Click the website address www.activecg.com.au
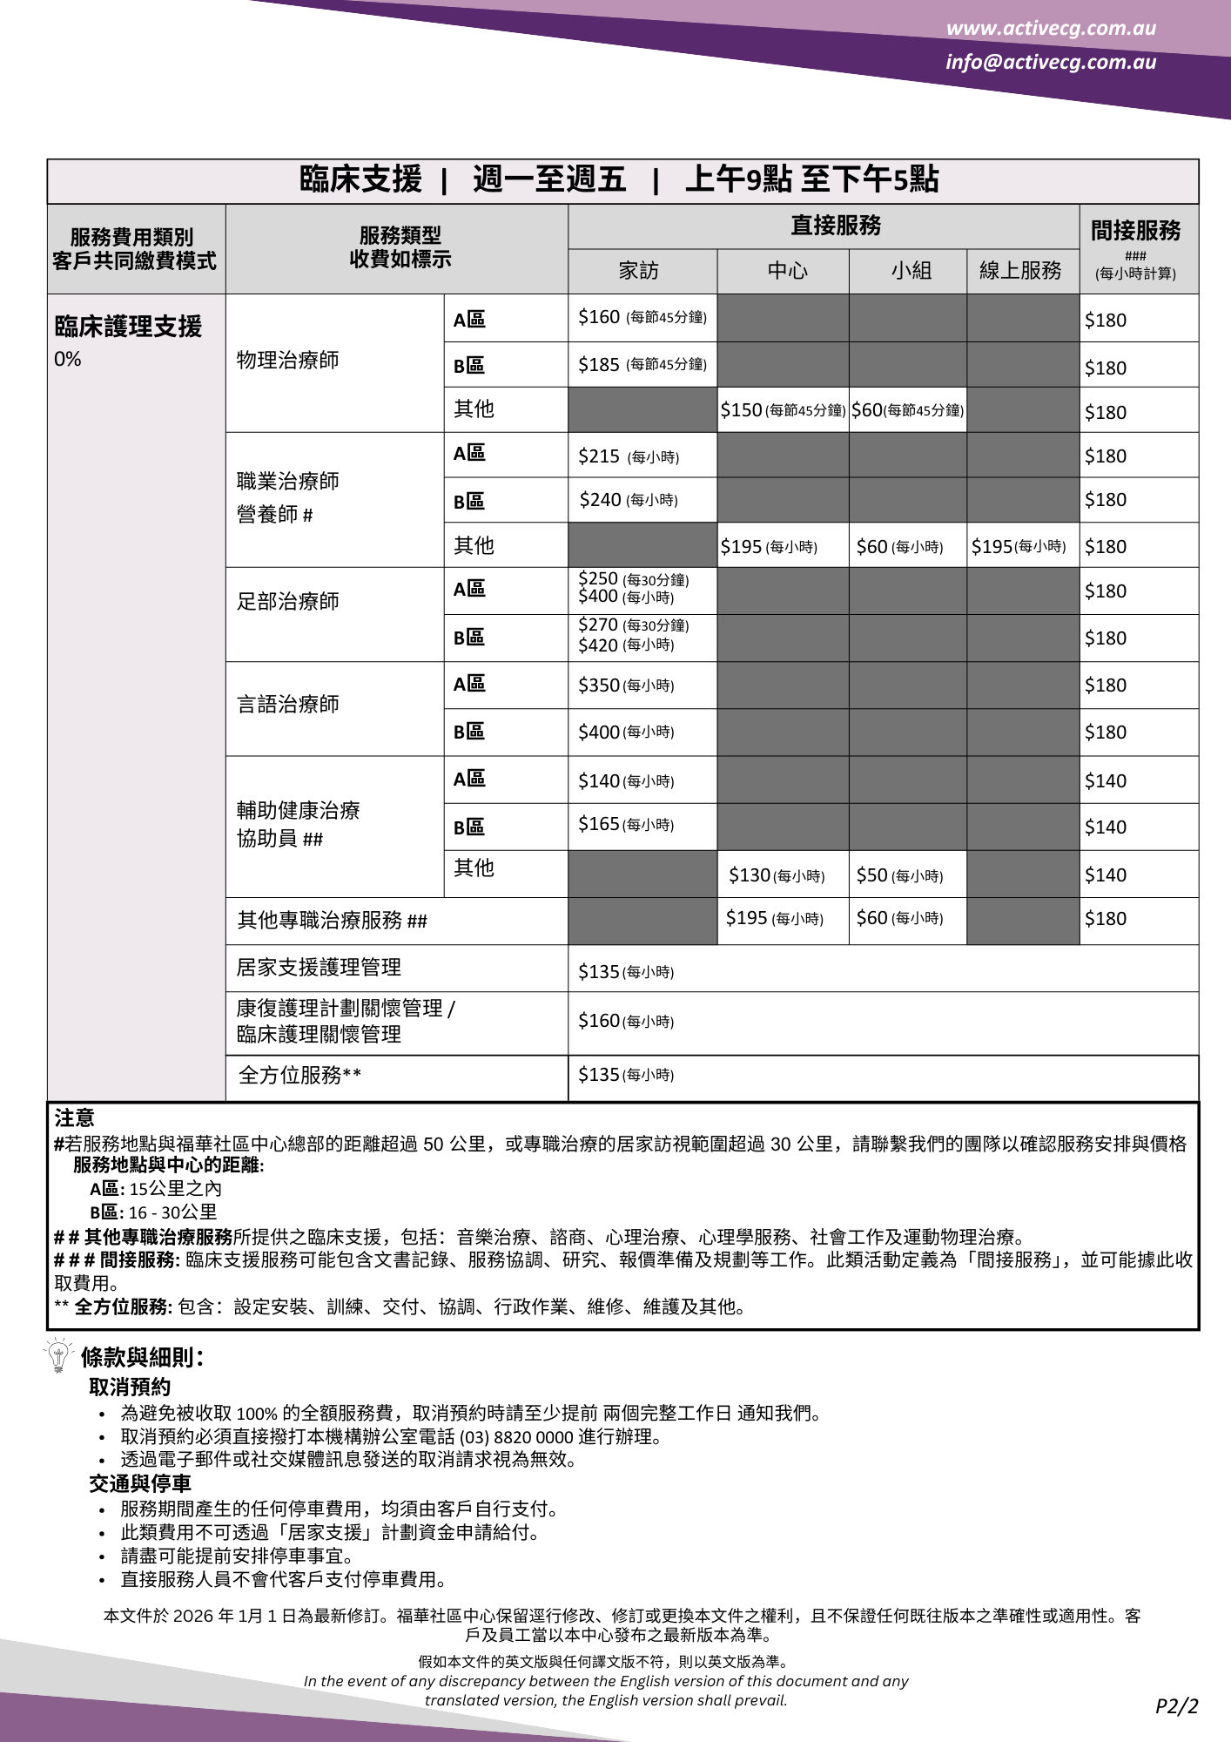(x=1051, y=28)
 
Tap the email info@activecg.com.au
(x=1051, y=62)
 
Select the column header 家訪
(x=639, y=271)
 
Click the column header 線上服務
(x=1020, y=271)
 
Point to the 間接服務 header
(x=1135, y=231)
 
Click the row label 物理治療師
(x=288, y=361)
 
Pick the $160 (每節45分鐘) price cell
(x=642, y=318)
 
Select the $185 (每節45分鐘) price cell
(x=642, y=365)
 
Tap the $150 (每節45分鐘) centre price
(x=782, y=410)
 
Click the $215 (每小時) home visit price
(x=629, y=456)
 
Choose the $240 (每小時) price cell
(x=629, y=500)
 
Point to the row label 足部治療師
(x=288, y=601)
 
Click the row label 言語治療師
(x=288, y=704)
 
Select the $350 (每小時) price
(x=626, y=685)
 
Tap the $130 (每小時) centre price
(x=777, y=875)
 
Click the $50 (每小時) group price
(x=899, y=875)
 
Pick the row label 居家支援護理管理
(x=319, y=968)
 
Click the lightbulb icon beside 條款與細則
(x=58, y=1355)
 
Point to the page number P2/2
(x=1176, y=1706)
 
